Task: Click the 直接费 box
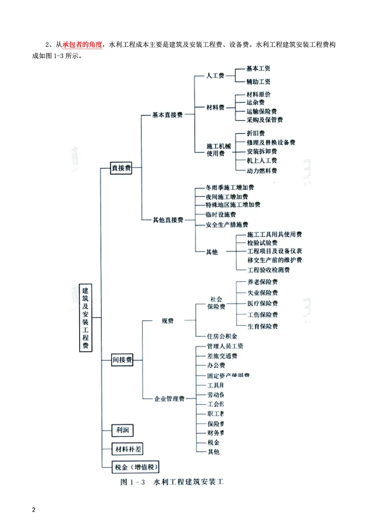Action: click(x=121, y=168)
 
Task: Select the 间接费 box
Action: click(x=122, y=360)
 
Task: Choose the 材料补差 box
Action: click(x=127, y=449)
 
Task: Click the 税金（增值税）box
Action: click(x=135, y=467)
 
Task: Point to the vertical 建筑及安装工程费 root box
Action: click(x=85, y=317)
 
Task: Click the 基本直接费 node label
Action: click(x=167, y=114)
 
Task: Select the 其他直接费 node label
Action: click(x=168, y=220)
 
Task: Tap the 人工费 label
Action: click(x=216, y=76)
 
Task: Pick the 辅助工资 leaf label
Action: click(x=258, y=82)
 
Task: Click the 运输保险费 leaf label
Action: click(x=262, y=111)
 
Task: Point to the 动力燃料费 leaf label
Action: click(x=262, y=170)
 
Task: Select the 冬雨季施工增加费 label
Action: click(x=230, y=187)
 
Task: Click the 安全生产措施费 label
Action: click(x=227, y=225)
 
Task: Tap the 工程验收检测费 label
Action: click(x=268, y=270)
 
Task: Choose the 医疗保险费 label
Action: click(x=262, y=303)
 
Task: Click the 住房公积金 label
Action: click(x=222, y=336)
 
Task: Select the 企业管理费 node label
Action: click(x=170, y=399)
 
